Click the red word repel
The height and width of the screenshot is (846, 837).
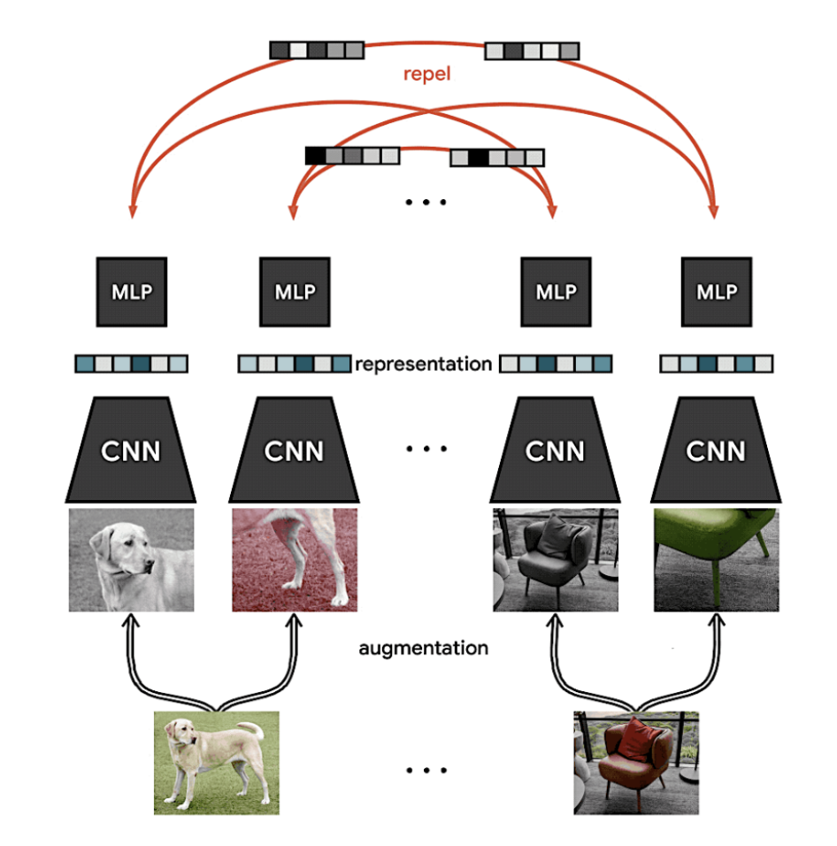click(x=426, y=73)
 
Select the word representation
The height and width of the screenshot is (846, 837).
click(x=423, y=363)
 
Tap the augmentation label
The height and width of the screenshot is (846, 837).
click(x=423, y=648)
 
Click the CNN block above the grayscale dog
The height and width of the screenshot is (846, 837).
click(x=131, y=450)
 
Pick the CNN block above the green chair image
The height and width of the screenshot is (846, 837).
click(x=716, y=450)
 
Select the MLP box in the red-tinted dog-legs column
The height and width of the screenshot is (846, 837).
click(x=295, y=292)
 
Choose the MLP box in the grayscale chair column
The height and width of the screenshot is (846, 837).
click(x=556, y=292)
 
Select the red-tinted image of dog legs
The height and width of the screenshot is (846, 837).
click(x=295, y=559)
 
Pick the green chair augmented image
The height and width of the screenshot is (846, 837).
click(x=716, y=559)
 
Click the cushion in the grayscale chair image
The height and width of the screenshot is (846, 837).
click(x=555, y=535)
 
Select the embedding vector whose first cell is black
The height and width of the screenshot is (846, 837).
click(x=351, y=157)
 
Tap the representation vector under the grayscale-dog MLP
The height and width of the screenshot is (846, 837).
click(x=131, y=364)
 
